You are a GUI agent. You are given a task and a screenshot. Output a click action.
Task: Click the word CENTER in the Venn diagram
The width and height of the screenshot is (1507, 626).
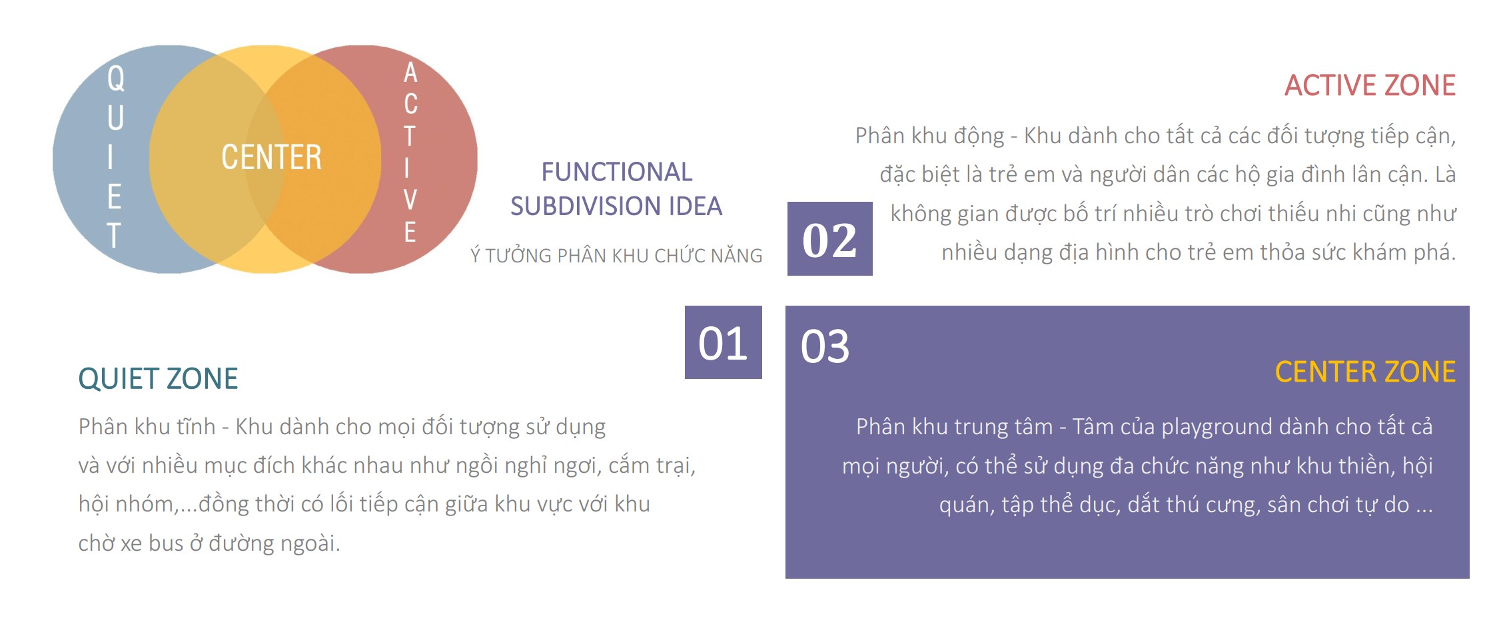click(272, 157)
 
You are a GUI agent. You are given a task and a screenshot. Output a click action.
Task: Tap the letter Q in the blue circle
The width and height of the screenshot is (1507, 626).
click(116, 78)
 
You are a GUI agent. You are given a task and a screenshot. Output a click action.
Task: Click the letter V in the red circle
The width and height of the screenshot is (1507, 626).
click(410, 199)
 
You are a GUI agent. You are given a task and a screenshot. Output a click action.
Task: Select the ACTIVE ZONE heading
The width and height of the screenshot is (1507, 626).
click(1370, 85)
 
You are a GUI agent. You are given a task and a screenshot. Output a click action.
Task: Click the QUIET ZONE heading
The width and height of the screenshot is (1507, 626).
click(158, 378)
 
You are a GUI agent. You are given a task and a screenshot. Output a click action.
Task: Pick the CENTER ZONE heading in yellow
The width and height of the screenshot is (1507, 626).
click(1365, 372)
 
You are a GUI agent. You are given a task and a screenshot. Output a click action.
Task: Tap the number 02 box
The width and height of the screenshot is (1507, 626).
click(830, 238)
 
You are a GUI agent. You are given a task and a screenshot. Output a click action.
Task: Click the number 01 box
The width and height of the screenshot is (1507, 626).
click(724, 342)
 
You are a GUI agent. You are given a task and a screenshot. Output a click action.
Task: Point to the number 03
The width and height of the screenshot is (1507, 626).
click(825, 346)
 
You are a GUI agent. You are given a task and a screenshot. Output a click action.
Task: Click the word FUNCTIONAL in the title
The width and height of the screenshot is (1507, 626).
click(617, 172)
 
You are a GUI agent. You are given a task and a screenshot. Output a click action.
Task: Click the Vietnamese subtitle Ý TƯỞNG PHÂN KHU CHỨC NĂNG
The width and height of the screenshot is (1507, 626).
click(616, 255)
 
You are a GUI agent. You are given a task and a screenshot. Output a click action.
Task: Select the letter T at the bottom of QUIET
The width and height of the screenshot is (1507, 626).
click(114, 235)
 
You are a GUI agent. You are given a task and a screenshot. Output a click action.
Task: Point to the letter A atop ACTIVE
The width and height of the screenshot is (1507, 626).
click(410, 73)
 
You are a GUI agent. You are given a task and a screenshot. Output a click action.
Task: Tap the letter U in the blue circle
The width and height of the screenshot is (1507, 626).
click(116, 117)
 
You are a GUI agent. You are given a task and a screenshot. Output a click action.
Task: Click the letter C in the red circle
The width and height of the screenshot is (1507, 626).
click(410, 104)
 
